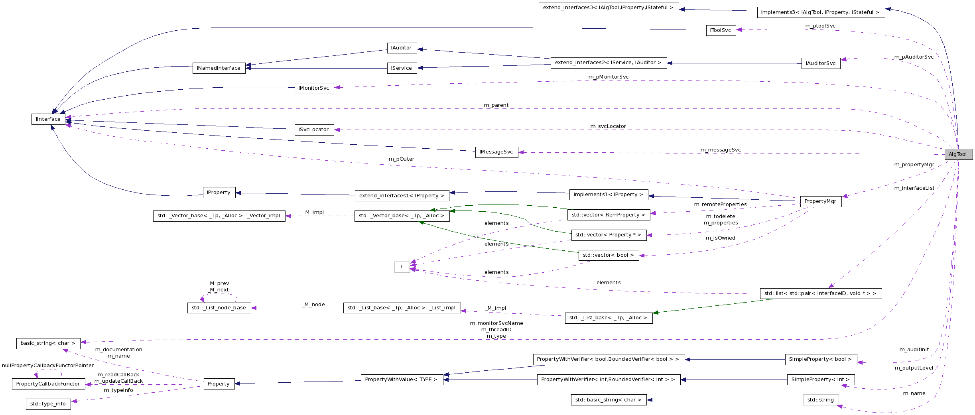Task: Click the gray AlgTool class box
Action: [x=958, y=154]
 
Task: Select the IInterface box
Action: [x=48, y=119]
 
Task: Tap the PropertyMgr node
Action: [x=820, y=201]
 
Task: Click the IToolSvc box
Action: [x=721, y=30]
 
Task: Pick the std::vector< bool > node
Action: [x=608, y=255]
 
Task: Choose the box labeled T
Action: [x=402, y=267]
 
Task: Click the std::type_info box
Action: [x=48, y=404]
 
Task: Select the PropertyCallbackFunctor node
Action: [x=48, y=384]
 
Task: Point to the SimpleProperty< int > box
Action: [x=820, y=380]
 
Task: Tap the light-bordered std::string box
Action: [x=820, y=400]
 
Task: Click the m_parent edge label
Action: [x=496, y=105]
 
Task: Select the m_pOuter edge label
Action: [x=401, y=159]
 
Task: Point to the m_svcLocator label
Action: [x=608, y=126]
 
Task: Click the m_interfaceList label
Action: [x=914, y=188]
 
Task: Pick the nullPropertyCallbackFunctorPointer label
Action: [x=48, y=366]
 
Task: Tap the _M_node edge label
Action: [x=314, y=305]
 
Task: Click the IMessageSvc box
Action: [x=496, y=152]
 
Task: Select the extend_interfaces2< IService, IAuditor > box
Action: [x=608, y=63]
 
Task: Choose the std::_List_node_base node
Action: [x=219, y=308]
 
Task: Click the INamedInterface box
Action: [x=219, y=68]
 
